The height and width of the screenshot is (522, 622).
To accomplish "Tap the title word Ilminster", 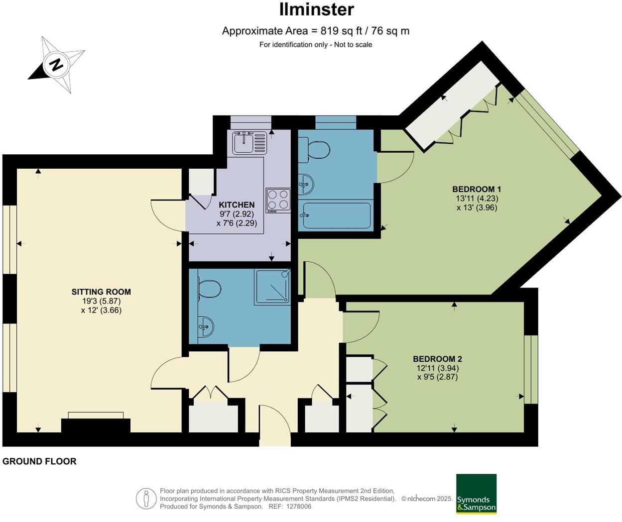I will click(x=316, y=9).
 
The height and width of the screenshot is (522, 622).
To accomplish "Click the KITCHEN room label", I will click(x=237, y=205).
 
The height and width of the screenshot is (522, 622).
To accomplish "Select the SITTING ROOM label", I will click(x=101, y=292).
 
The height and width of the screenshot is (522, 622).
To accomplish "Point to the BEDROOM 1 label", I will click(x=477, y=189).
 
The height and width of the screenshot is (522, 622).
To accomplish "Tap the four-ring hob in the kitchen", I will click(x=278, y=200).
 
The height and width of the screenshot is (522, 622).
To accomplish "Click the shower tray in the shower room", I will click(x=272, y=287).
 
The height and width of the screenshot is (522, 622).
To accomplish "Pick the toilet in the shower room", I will click(x=208, y=289).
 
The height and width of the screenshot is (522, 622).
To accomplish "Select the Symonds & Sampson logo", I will click(x=476, y=494).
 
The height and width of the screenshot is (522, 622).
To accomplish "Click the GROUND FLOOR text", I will click(x=39, y=461).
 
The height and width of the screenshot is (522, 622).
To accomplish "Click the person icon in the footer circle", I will click(x=146, y=498).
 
